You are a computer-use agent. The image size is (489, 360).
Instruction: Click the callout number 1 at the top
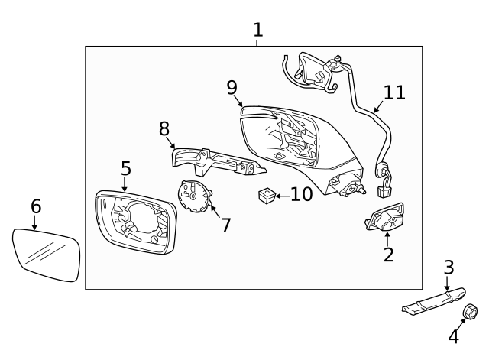(257, 30)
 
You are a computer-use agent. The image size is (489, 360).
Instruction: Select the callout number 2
(388, 255)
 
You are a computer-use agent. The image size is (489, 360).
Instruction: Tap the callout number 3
(449, 267)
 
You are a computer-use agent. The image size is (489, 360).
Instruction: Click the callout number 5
(125, 169)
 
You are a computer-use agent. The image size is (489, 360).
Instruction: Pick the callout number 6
(35, 206)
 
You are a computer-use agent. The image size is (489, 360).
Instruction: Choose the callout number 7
(225, 225)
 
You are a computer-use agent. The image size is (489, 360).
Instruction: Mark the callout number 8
(164, 128)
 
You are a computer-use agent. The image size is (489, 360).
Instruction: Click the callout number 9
(232, 87)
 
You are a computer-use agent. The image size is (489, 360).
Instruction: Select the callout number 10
(301, 194)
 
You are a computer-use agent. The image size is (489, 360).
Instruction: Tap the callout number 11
(394, 92)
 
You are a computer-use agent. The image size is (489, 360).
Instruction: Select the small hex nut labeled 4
(470, 311)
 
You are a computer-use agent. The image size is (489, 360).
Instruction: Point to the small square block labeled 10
(267, 196)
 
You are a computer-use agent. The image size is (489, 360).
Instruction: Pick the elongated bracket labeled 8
(214, 161)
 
